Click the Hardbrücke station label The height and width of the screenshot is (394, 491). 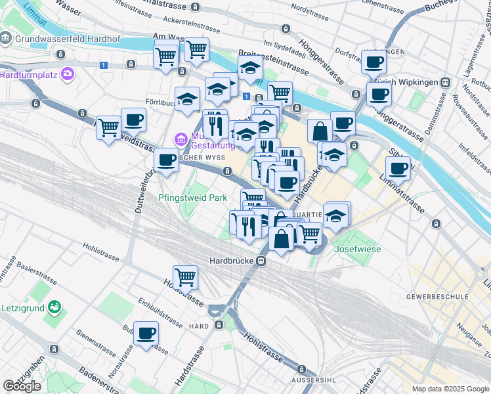[232, 261]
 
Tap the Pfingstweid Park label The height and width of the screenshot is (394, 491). [192, 197]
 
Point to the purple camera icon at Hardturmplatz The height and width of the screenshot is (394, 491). [66, 74]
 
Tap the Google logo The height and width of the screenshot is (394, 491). [22, 386]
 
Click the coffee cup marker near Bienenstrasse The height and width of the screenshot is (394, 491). [146, 333]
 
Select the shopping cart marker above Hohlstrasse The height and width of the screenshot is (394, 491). [186, 277]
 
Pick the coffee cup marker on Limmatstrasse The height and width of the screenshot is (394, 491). [398, 168]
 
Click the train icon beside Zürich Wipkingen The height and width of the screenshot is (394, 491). [446, 83]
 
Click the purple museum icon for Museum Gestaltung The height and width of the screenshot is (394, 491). [180, 139]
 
